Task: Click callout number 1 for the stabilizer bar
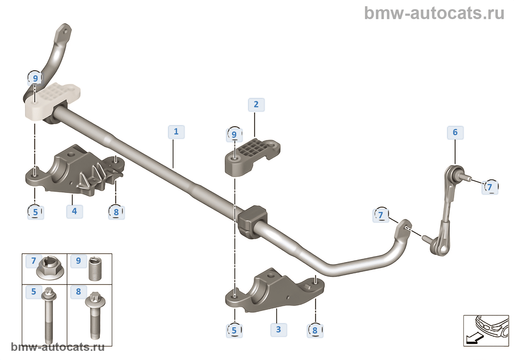tap(176, 132)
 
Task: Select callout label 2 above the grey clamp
tap(256, 105)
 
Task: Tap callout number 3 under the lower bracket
tap(279, 330)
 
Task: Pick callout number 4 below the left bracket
tap(75, 211)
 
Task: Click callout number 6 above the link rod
tap(455, 133)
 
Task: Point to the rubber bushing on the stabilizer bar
tap(252, 222)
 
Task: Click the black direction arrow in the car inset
tap(472, 338)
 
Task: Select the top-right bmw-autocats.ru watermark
tap(434, 13)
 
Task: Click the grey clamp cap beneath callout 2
tap(252, 156)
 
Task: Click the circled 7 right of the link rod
tap(490, 187)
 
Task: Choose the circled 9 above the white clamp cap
tap(35, 78)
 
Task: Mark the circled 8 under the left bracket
tap(116, 212)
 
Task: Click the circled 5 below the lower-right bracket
tap(234, 330)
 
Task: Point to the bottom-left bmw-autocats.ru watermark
tap(58, 347)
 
